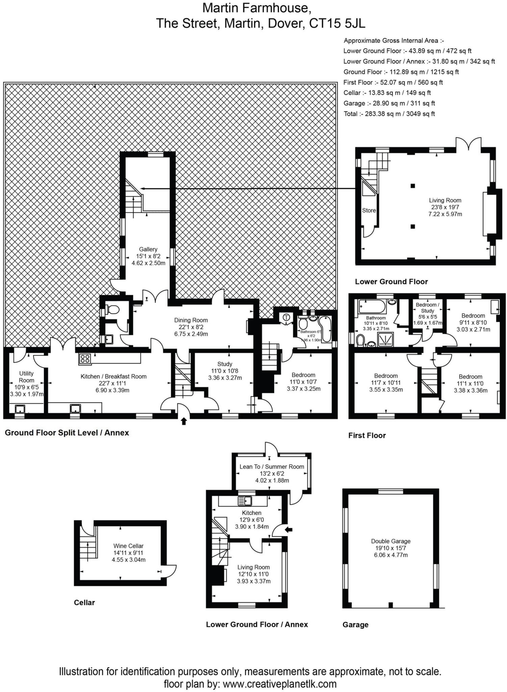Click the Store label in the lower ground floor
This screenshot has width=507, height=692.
point(369,210)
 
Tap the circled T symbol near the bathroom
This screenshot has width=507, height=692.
point(287,317)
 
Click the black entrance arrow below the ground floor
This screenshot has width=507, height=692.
point(184,421)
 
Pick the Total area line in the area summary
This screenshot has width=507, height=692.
point(389,114)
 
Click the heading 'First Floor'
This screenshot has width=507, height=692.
point(367,435)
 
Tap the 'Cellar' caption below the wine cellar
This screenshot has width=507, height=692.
point(84,602)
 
